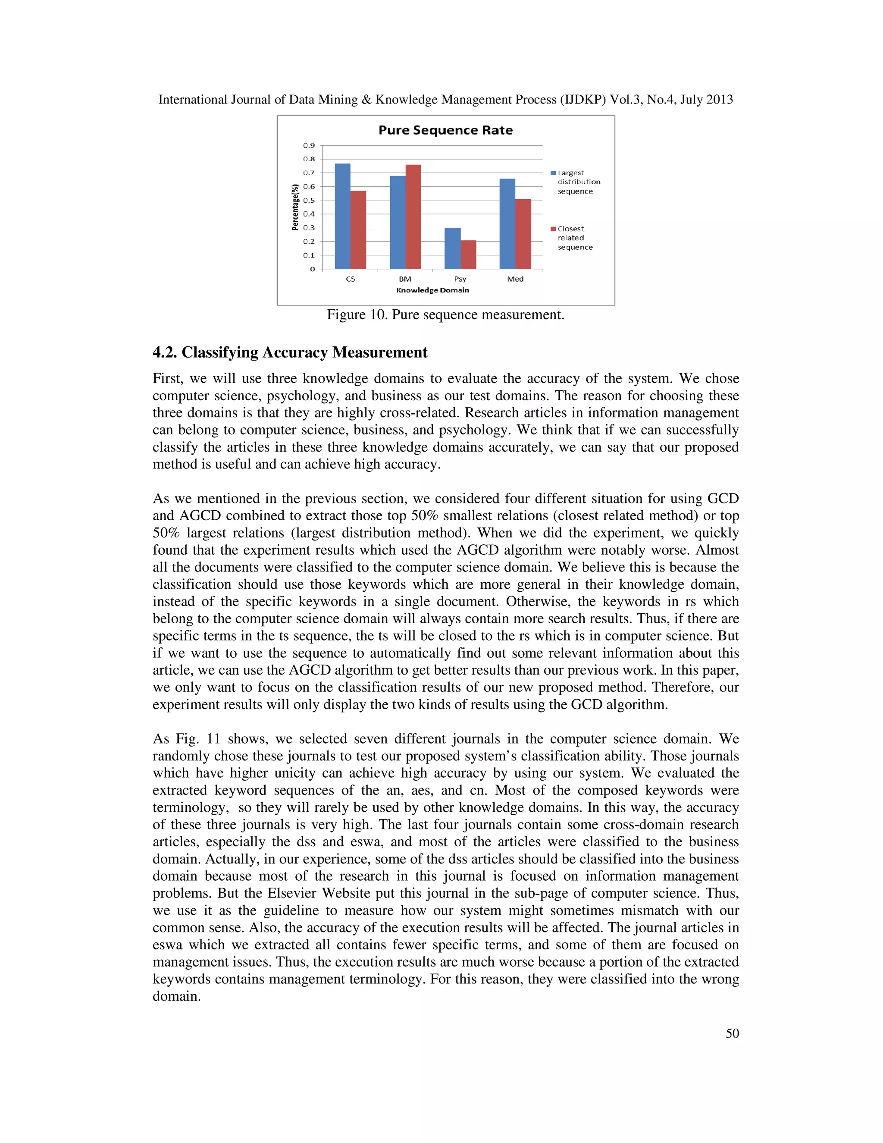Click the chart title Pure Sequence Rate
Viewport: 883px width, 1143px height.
pos(445,130)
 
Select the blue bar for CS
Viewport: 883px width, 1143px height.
pos(343,216)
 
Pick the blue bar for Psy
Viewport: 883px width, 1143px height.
pos(452,248)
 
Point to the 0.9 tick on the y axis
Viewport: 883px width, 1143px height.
pos(309,145)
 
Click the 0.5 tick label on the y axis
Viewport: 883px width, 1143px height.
pos(309,201)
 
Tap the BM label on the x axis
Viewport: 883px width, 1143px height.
pos(405,279)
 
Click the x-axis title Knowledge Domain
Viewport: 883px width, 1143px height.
pos(432,290)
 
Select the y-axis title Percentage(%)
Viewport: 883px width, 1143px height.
pos(295,207)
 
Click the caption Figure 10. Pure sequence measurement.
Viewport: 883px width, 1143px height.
pos(445,314)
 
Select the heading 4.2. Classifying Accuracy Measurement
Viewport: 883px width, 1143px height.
pos(290,352)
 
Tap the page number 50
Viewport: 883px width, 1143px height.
pos(732,1033)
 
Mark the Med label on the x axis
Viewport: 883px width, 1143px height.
pos(515,279)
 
